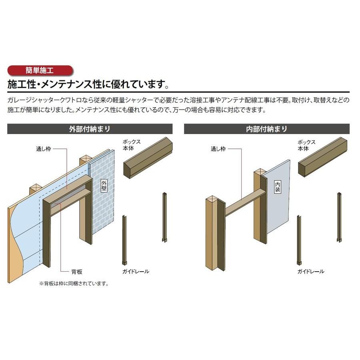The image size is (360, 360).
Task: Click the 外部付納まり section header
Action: [x=90, y=129]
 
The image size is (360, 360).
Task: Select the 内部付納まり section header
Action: [x=266, y=129]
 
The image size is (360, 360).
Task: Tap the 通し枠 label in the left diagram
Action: [x=43, y=149]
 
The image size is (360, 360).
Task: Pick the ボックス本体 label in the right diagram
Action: [x=306, y=145]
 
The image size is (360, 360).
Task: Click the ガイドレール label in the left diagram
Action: [x=136, y=272]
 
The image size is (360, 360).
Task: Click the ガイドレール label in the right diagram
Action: [x=310, y=272]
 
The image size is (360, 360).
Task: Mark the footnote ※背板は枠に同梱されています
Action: [x=74, y=284]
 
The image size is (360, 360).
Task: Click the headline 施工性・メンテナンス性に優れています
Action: [x=88, y=84]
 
